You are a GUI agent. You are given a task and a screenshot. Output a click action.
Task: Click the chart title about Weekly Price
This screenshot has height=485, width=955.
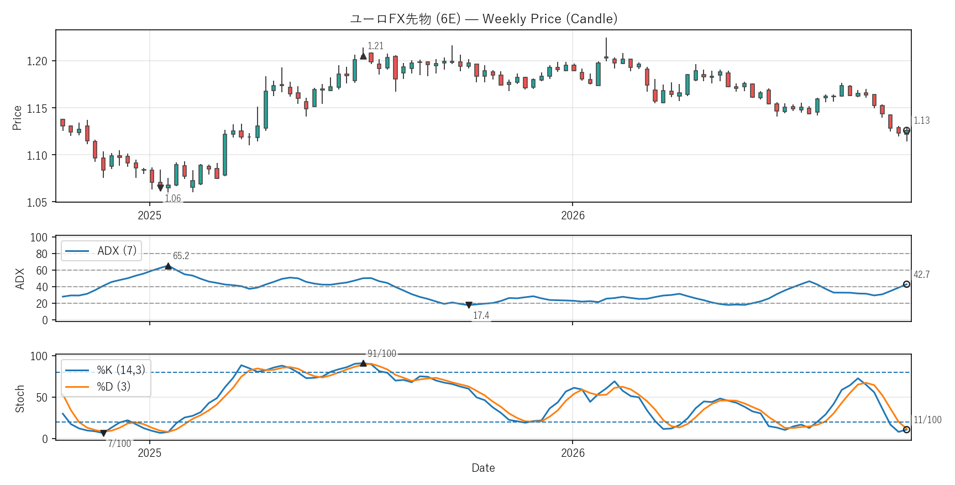pos(484,19)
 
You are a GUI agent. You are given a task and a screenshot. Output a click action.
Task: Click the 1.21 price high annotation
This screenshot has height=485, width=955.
pos(375,46)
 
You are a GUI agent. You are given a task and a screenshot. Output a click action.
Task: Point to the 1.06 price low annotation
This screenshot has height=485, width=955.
pos(173,198)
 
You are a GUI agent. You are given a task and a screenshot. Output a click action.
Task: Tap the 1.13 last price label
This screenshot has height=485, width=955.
pos(921,120)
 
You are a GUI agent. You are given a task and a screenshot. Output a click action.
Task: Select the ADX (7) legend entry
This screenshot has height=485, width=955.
pos(101,251)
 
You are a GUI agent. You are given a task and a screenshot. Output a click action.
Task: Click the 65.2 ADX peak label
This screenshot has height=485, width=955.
pos(181,256)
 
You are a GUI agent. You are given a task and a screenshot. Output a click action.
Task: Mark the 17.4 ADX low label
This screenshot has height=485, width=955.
pos(481,315)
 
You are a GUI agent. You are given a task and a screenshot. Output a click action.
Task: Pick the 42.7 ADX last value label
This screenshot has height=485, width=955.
pos(921,275)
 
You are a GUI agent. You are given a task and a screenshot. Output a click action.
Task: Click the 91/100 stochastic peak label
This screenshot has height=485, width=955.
pos(382,354)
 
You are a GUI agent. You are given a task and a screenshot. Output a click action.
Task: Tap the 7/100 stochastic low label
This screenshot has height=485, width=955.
pos(119,444)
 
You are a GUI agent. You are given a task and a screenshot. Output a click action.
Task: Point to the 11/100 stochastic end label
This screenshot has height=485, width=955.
pos(927,420)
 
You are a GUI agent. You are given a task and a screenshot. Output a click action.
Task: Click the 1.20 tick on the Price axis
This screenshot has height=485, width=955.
pos(37,61)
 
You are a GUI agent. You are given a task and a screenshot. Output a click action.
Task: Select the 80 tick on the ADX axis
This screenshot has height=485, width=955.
pos(42,254)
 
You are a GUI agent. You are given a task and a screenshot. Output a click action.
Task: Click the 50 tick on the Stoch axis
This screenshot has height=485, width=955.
pos(42,398)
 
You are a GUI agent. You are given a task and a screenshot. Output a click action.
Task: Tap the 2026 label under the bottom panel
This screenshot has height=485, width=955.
pos(573,453)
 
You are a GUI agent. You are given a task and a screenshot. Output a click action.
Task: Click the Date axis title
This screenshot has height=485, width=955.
pos(483,468)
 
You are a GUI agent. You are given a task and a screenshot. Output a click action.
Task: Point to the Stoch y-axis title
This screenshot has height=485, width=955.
pos(20,399)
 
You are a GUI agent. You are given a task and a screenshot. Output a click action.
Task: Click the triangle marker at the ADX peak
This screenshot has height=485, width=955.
pos(168,266)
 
